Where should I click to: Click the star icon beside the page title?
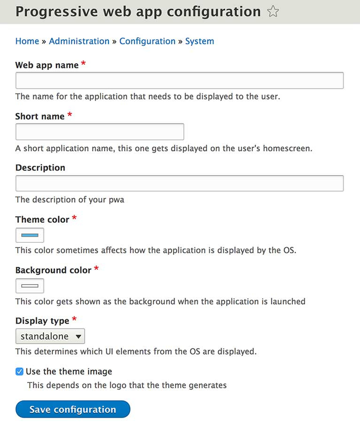click(x=273, y=12)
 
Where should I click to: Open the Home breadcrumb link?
click(x=27, y=41)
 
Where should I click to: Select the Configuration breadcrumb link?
click(x=147, y=41)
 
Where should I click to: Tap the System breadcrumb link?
click(x=199, y=41)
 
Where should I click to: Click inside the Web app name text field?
click(x=179, y=80)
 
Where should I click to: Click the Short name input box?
click(x=100, y=132)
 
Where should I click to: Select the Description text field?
click(x=179, y=183)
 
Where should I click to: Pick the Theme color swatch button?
click(x=30, y=235)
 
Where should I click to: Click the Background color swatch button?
click(x=30, y=286)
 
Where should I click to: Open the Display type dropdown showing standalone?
click(x=50, y=336)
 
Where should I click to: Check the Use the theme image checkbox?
click(x=19, y=372)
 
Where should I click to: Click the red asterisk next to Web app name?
click(x=84, y=64)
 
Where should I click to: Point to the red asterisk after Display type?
click(x=74, y=319)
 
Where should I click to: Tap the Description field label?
click(x=40, y=168)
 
